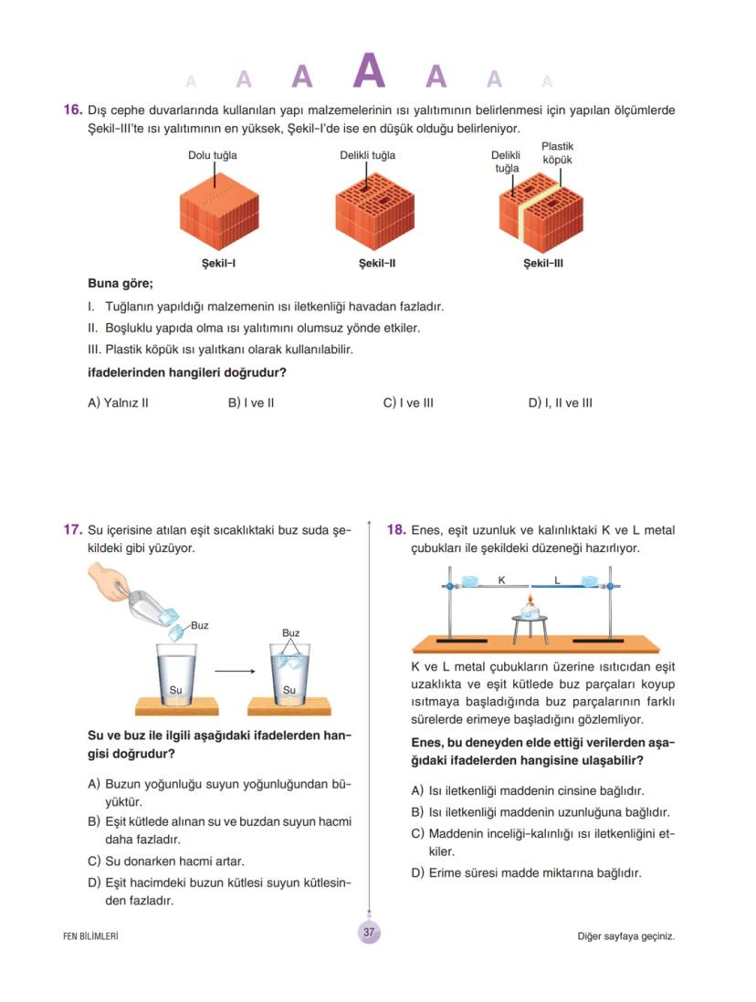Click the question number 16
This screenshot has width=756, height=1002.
(x=73, y=110)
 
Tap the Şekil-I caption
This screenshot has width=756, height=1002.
(x=219, y=264)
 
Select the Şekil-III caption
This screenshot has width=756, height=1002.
(x=542, y=264)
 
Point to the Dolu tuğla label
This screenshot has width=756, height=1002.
(x=213, y=155)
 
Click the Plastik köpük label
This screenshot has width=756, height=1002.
(x=557, y=152)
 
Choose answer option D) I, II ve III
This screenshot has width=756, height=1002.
(x=560, y=402)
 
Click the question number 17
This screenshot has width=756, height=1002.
(x=73, y=529)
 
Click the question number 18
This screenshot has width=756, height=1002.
(x=396, y=529)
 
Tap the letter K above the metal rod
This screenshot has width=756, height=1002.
(x=501, y=579)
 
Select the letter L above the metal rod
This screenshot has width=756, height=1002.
(x=557, y=579)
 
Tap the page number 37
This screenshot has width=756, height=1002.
(x=370, y=933)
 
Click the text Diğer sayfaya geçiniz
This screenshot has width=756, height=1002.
(x=625, y=935)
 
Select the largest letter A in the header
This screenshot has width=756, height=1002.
(x=369, y=71)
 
